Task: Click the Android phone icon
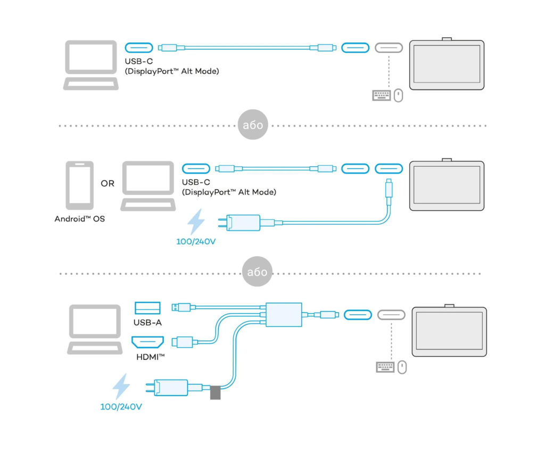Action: [x=80, y=185]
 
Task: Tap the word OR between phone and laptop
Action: [x=108, y=183]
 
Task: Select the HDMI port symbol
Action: [x=148, y=342]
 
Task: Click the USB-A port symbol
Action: [x=147, y=308]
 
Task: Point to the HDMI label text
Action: [x=151, y=357]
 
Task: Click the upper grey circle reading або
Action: [x=253, y=125]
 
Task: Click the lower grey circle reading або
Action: [x=257, y=271]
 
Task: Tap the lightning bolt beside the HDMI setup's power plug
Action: [x=121, y=386]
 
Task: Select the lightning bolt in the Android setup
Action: [x=196, y=222]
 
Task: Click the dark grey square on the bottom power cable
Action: [x=216, y=392]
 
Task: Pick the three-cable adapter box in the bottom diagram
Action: [x=284, y=314]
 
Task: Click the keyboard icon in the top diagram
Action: [x=381, y=95]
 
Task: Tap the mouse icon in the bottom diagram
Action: [x=402, y=367]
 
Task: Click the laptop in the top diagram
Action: [x=90, y=65]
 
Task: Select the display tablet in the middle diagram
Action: [x=447, y=185]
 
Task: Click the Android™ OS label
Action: [x=80, y=219]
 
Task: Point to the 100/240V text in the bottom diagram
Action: [x=121, y=406]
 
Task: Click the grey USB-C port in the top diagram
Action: [x=389, y=47]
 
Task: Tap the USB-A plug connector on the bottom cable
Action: [x=181, y=307]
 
